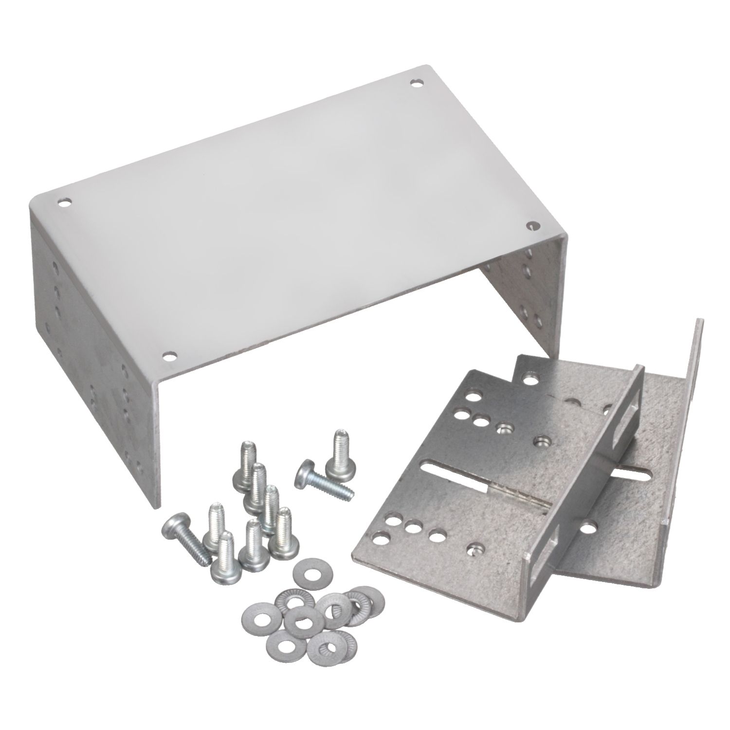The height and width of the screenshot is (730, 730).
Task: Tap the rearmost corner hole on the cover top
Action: pos(416,83)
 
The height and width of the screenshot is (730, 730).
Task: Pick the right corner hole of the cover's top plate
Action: pos(533,225)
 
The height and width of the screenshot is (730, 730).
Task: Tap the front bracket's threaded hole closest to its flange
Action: pos(542,441)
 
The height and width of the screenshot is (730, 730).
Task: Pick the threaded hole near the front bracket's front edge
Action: pos(474,550)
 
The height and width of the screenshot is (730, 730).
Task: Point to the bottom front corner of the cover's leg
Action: pos(155,507)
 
